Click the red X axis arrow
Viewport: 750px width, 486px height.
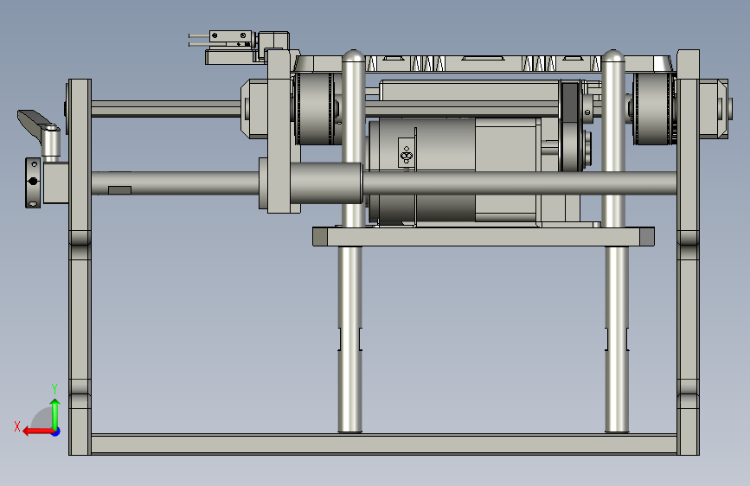(x=38, y=432)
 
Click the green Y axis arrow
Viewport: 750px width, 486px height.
(x=55, y=414)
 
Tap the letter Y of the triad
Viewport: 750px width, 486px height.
(x=54, y=388)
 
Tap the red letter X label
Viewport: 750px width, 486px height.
(x=17, y=426)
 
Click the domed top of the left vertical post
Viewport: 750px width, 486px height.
(x=354, y=56)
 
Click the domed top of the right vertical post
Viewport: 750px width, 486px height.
(x=612, y=56)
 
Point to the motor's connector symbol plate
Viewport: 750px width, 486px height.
(x=406, y=152)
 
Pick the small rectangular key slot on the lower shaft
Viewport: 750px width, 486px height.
(x=119, y=190)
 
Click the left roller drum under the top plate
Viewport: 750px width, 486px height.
(x=315, y=109)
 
